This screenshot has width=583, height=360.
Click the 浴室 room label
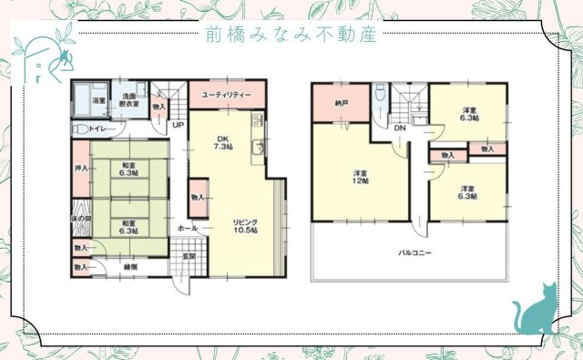click(97, 100)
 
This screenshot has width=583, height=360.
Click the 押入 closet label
click(80, 169)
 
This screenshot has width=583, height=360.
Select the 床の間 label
click(80, 220)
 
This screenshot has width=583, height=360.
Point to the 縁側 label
click(130, 266)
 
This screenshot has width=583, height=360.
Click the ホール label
click(187, 227)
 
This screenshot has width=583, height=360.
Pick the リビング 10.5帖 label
click(244, 225)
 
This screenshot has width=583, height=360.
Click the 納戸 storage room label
click(343, 103)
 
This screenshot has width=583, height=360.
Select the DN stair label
click(400, 128)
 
